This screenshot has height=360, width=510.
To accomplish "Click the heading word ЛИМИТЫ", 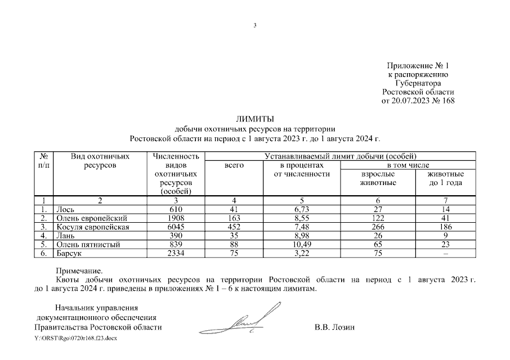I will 255,119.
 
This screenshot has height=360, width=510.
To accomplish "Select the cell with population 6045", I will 176,227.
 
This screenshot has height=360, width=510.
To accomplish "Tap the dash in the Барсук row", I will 445,254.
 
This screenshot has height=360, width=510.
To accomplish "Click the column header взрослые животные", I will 378,178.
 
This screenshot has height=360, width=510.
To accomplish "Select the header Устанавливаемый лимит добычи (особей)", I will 340,156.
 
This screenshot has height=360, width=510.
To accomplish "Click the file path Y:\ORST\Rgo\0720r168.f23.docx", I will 76,339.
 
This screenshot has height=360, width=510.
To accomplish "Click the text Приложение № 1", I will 418,66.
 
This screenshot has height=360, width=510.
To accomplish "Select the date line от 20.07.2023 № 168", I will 418,101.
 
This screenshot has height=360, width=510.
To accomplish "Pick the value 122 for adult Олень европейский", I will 378,218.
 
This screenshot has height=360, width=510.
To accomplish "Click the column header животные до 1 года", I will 445,178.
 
